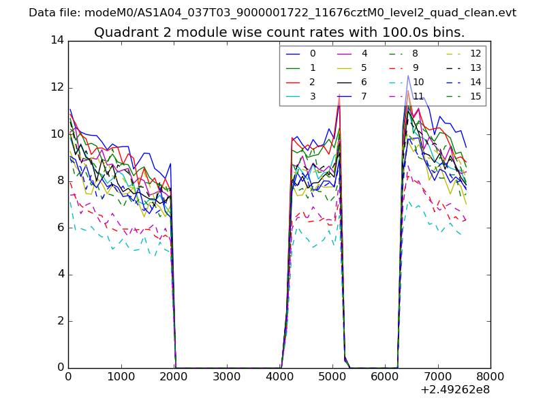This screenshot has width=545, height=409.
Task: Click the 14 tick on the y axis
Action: (57, 40)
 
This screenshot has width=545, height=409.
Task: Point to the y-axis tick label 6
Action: (60, 228)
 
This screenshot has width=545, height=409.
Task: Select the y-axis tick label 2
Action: (60, 321)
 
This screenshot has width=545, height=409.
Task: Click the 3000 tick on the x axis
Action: (226, 376)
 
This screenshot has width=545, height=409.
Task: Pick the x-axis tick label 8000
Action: (490, 376)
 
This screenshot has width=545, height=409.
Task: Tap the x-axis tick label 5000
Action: (332, 376)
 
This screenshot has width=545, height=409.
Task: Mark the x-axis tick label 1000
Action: (121, 376)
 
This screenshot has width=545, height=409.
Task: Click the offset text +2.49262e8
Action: (454, 390)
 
